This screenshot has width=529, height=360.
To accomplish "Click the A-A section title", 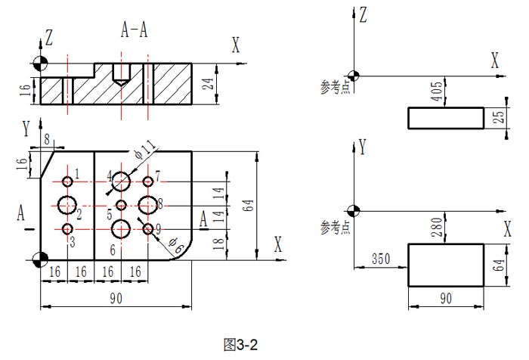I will pyautogui.click(x=135, y=29).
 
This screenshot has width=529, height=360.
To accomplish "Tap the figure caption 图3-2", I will pyautogui.click(x=241, y=345).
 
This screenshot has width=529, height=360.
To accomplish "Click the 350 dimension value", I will pyautogui.click(x=382, y=259).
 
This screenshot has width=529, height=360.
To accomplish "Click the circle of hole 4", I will pyautogui.click(x=121, y=181).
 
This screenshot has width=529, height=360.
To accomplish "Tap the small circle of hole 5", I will pyautogui.click(x=121, y=205).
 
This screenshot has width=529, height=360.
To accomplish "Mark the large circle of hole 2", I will pyautogui.click(x=67, y=204).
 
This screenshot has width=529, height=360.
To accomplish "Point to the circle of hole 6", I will pyautogui.click(x=121, y=228).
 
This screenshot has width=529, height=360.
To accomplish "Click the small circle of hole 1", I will pyautogui.click(x=68, y=182).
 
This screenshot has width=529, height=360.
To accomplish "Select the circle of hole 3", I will pyautogui.click(x=68, y=229).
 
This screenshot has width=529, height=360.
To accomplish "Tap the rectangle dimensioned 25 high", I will pyautogui.click(x=446, y=118).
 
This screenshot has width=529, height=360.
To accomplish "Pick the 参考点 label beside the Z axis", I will pyautogui.click(x=334, y=89).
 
